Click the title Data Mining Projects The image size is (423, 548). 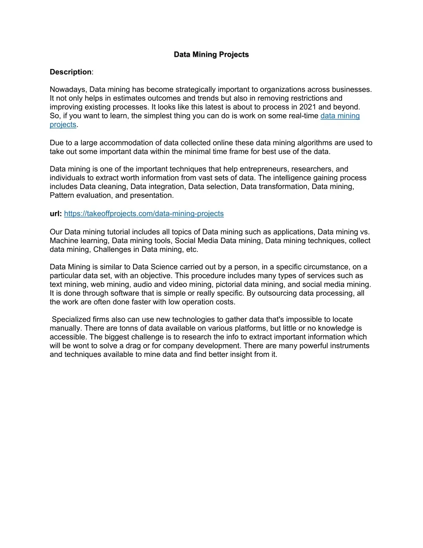[x=211, y=55]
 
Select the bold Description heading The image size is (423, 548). [x=71, y=72]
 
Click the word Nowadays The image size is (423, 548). [x=68, y=89]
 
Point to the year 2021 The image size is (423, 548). [x=308, y=107]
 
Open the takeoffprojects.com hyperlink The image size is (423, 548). [x=144, y=214]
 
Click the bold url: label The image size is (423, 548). [x=56, y=214]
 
